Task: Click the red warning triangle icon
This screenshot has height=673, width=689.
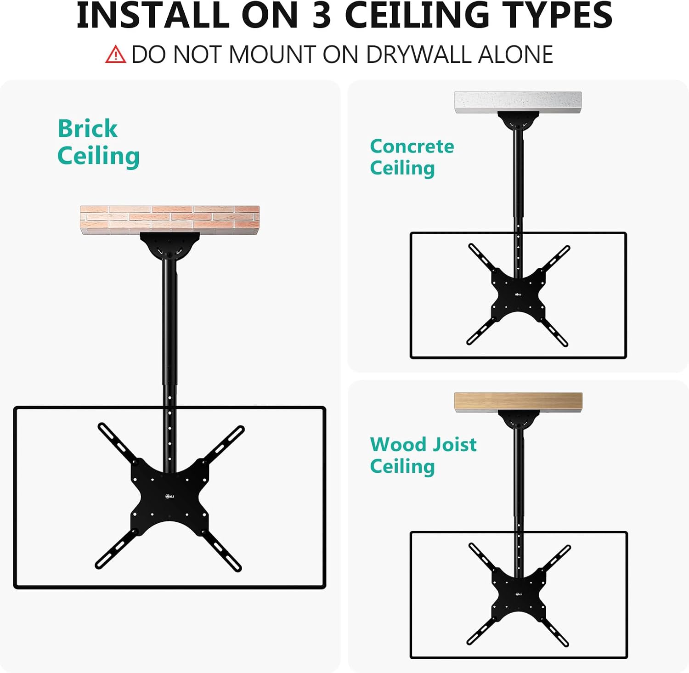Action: pos(115,54)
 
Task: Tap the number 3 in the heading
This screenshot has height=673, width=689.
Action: pos(322,15)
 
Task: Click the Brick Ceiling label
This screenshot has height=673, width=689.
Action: pos(98,142)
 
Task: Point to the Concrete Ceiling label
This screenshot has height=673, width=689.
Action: pos(412,157)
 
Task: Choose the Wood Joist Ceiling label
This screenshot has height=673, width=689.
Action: pos(423,455)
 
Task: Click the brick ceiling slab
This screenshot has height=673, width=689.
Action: pos(170,220)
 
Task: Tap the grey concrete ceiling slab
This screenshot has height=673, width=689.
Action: pos(518,102)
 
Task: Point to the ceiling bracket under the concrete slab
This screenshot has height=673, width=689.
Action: pos(518,121)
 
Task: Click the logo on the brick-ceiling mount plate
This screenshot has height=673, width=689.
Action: pos(170,496)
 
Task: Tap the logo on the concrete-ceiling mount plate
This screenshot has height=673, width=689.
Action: pos(518,294)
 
